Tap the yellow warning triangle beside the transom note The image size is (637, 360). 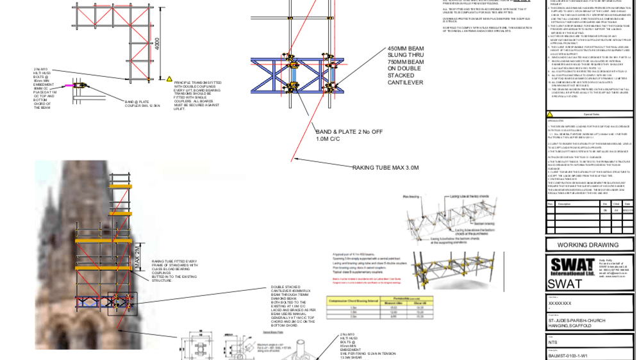pyautogui.click(x=170, y=79)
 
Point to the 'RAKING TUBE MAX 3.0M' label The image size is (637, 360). pyautogui.click(x=385, y=167)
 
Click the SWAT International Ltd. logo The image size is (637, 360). pyautogui.click(x=572, y=266)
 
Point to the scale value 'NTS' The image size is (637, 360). pyautogui.click(x=553, y=342)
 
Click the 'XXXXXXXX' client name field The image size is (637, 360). pyautogui.click(x=559, y=303)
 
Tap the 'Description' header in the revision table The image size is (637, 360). pyautogui.click(x=564, y=204)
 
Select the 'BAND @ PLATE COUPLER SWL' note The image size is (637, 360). pyautogui.click(x=137, y=103)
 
